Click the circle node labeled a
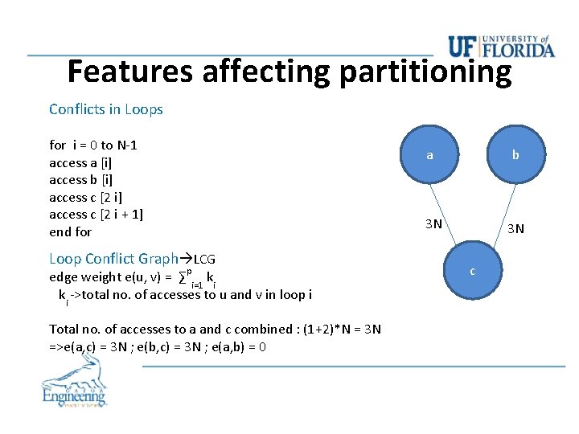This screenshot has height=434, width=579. (x=429, y=155)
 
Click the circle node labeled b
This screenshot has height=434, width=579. (x=515, y=155)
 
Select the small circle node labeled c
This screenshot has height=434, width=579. (x=472, y=271)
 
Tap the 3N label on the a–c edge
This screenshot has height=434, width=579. (x=433, y=223)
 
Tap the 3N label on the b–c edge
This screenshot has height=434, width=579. (x=515, y=228)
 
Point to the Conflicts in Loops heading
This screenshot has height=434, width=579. (x=105, y=109)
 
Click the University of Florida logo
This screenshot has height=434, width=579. (x=501, y=46)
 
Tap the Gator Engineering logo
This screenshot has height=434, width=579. (x=74, y=384)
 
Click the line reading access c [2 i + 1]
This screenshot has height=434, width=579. (x=96, y=215)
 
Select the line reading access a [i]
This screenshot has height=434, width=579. (x=80, y=162)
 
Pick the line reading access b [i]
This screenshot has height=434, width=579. (x=80, y=180)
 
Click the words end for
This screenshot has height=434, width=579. (x=71, y=232)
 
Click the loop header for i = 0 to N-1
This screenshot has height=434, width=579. (x=93, y=145)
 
